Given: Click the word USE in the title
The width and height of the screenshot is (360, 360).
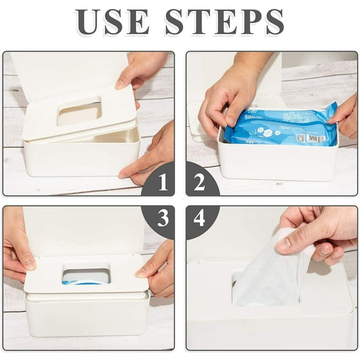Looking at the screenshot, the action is point(112,22).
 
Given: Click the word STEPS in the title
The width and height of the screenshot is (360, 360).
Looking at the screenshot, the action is point(225,22).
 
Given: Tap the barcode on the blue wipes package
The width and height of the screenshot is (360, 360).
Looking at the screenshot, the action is point(316,138).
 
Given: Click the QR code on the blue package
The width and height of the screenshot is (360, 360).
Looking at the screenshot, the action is point(300,138).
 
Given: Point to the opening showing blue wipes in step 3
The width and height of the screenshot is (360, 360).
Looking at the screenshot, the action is point(86,274).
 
